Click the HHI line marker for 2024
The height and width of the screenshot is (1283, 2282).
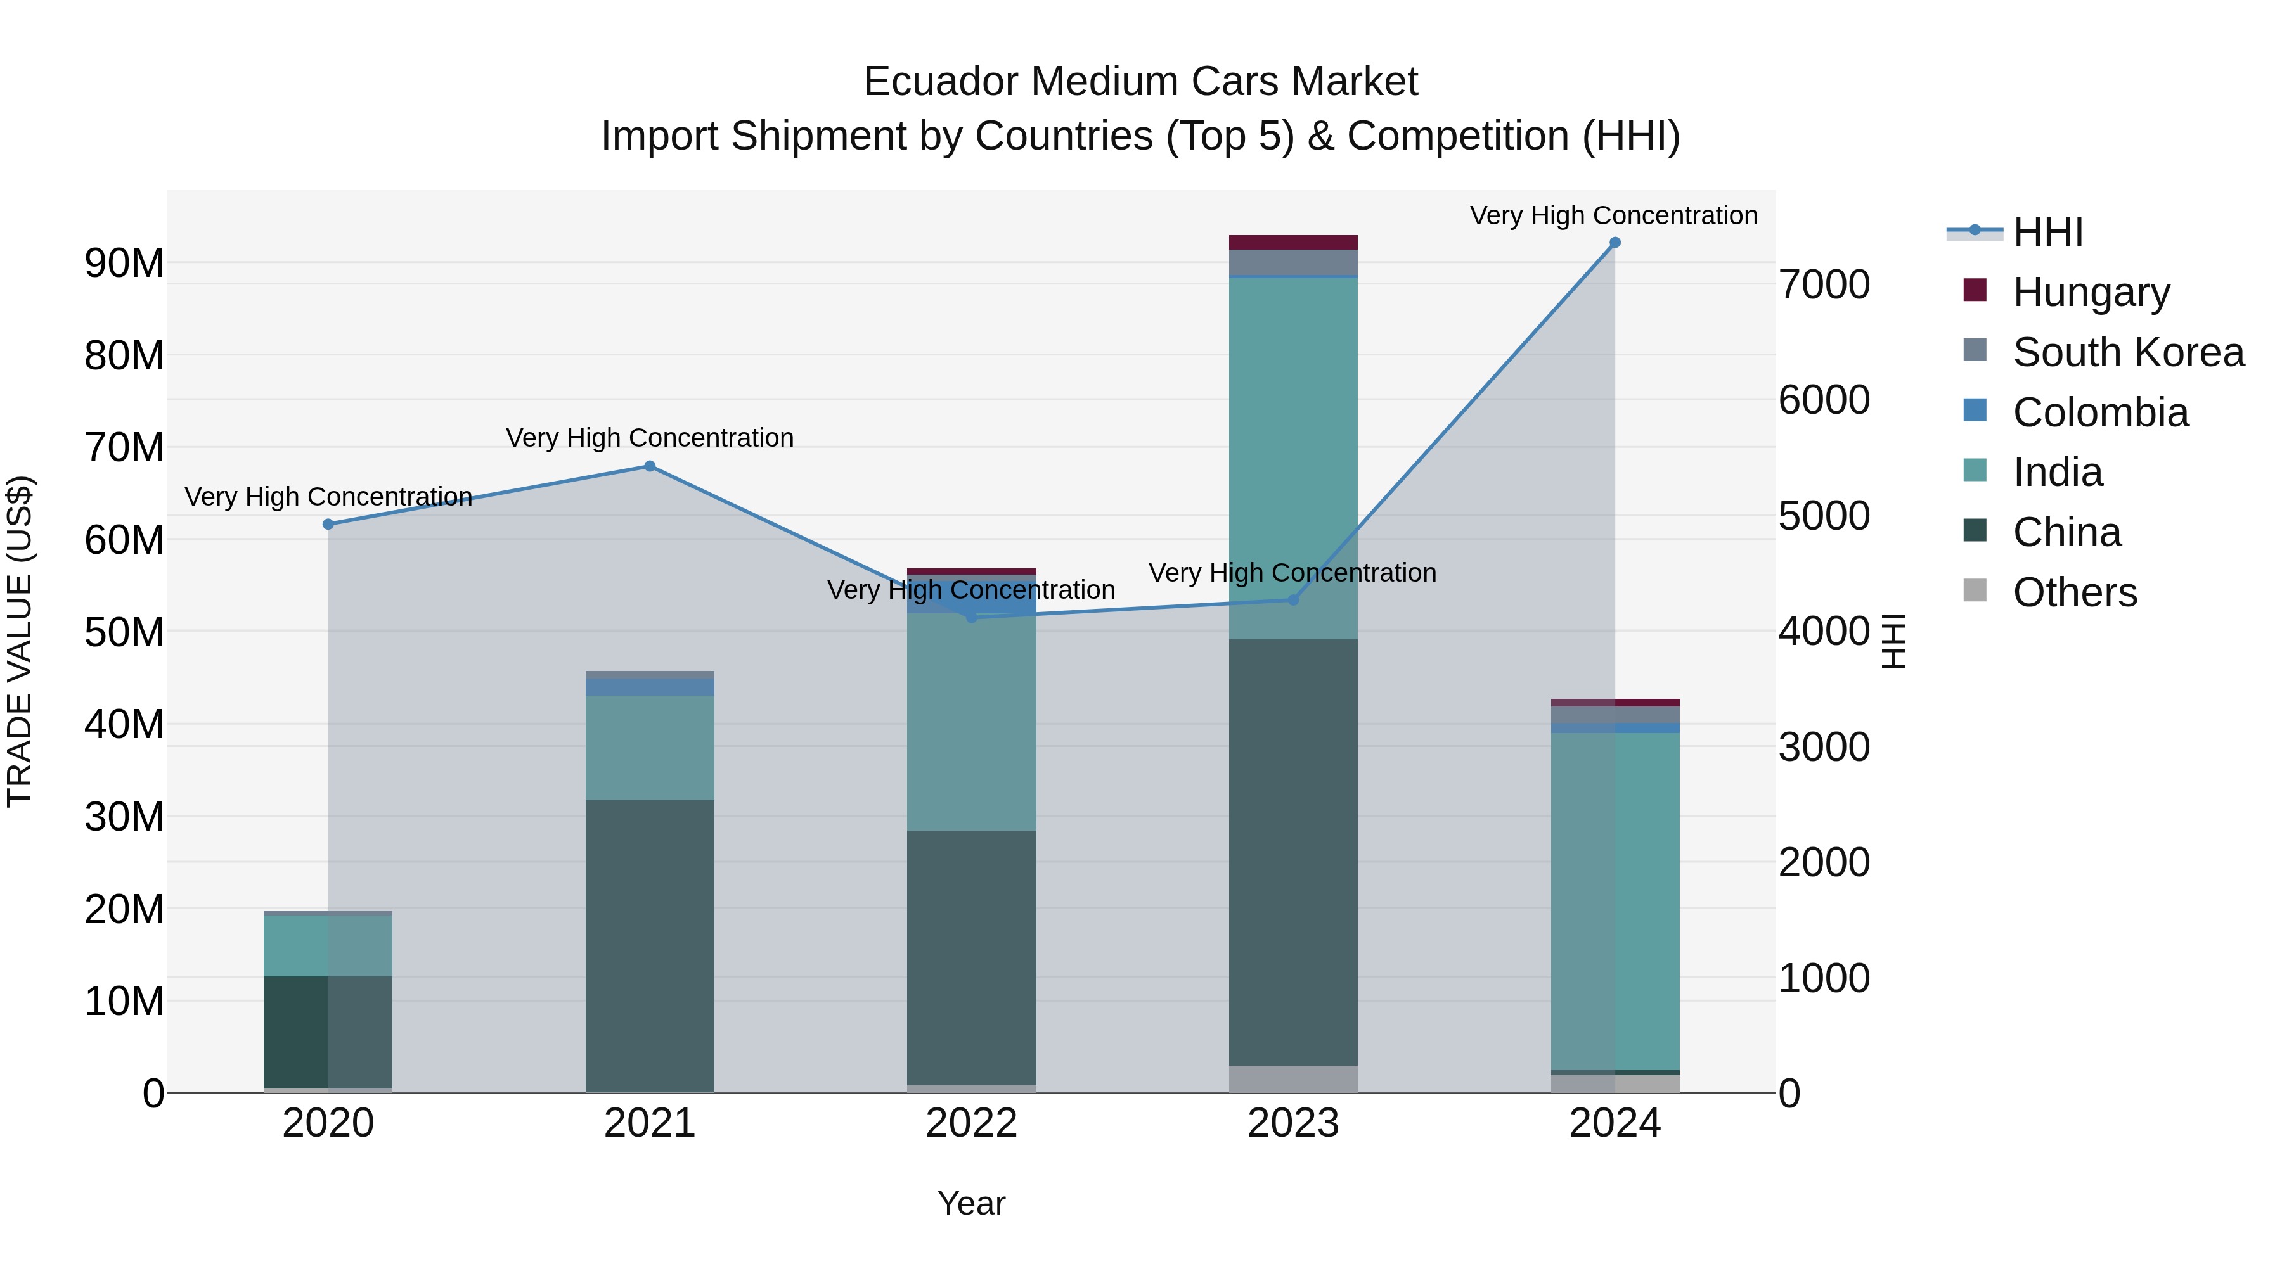[x=1614, y=243]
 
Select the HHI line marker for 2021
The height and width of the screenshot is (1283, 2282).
[x=649, y=466]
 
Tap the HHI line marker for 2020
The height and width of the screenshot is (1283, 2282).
[x=328, y=524]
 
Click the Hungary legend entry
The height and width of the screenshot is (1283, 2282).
[x=2091, y=292]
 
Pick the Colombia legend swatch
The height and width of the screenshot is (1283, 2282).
[x=1975, y=411]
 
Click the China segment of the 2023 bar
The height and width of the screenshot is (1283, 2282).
[x=1292, y=850]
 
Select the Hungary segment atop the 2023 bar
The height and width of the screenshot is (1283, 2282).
[x=1292, y=242]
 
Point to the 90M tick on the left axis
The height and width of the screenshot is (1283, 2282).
[x=124, y=264]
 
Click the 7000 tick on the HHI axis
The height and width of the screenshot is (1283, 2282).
[x=1824, y=285]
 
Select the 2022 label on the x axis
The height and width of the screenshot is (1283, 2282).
[x=971, y=1123]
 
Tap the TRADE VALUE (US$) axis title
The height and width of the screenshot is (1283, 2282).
[x=20, y=641]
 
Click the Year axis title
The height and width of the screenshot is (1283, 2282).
[x=971, y=1203]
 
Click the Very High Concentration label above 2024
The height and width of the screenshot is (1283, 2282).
[x=1613, y=215]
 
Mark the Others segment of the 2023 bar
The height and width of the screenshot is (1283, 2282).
[x=1292, y=1078]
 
